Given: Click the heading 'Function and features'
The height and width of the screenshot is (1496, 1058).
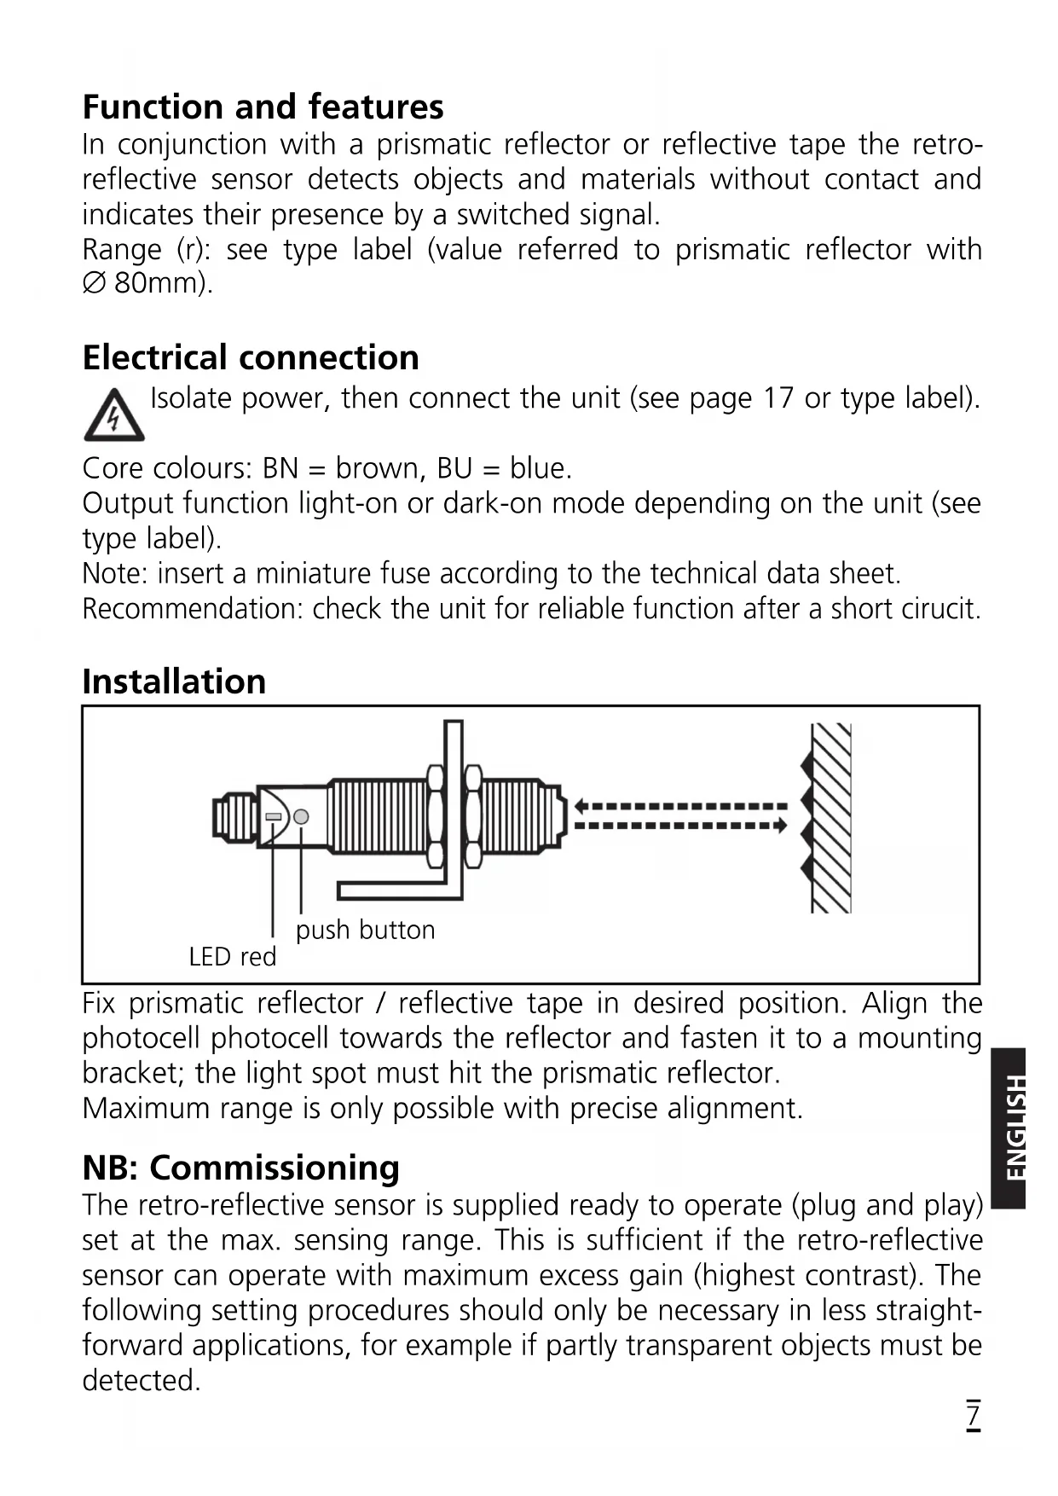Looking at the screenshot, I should pos(263,107).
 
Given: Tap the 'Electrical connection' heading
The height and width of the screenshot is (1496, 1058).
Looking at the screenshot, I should pos(251,358).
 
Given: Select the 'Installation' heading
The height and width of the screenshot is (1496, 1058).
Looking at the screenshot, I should pos(174,681).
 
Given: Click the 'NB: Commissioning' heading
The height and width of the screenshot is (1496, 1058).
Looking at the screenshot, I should pos(240,1168).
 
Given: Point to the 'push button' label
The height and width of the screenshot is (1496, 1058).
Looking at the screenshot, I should pos(365,930).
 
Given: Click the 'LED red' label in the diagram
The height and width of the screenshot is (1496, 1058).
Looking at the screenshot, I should pos(233,957).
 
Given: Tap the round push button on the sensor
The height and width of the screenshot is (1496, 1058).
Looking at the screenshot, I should pos(301,816).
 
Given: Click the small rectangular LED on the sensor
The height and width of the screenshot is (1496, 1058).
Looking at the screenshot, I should pos(274,816).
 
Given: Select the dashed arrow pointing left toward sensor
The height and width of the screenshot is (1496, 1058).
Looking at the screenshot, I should pos(680,806).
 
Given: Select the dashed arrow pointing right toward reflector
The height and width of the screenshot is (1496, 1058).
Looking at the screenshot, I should pos(680,826).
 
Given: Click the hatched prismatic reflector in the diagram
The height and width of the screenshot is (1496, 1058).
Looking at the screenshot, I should pos(827,817).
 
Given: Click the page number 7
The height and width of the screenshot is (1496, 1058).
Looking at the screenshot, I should pos(973,1414).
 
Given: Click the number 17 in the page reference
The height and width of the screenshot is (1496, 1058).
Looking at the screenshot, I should pos(778,398).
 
